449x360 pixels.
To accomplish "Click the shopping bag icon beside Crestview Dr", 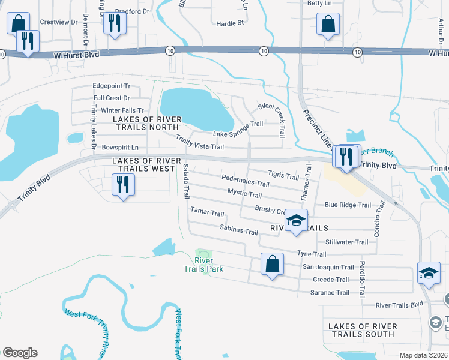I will pos(18,23).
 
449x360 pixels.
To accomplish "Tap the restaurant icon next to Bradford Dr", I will pos(114,23).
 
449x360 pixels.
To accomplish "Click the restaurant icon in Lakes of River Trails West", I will pos(124,184).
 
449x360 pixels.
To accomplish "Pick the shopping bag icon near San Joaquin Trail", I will pos(271,264).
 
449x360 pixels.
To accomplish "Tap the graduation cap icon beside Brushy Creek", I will pos(295,220).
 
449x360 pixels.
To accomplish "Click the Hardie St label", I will pos(231,23).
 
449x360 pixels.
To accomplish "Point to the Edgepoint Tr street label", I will pos(111,86).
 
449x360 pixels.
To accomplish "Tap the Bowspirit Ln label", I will pos(120,147).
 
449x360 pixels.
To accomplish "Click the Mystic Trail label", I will pos(244,193).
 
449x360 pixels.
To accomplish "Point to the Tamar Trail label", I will pos(207,213).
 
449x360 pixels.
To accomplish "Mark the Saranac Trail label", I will pos(330,293).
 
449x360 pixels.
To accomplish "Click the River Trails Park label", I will pos(203,265).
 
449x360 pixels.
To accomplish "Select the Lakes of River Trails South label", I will pos(363,330).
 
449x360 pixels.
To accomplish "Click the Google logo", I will pos(20,353).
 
